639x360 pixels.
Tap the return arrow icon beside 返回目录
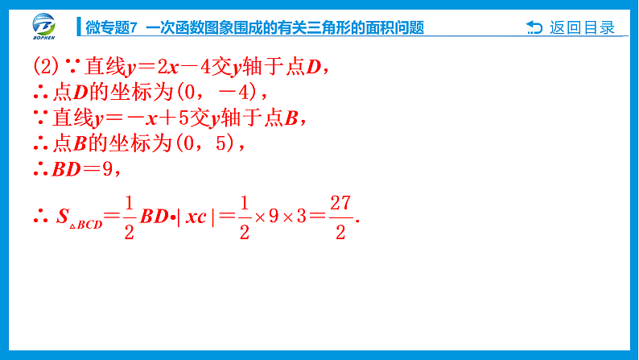[x=534, y=28]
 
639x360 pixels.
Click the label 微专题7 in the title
[x=112, y=28]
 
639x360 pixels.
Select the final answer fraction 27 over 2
[x=340, y=217]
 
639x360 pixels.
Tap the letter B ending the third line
[x=292, y=118]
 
